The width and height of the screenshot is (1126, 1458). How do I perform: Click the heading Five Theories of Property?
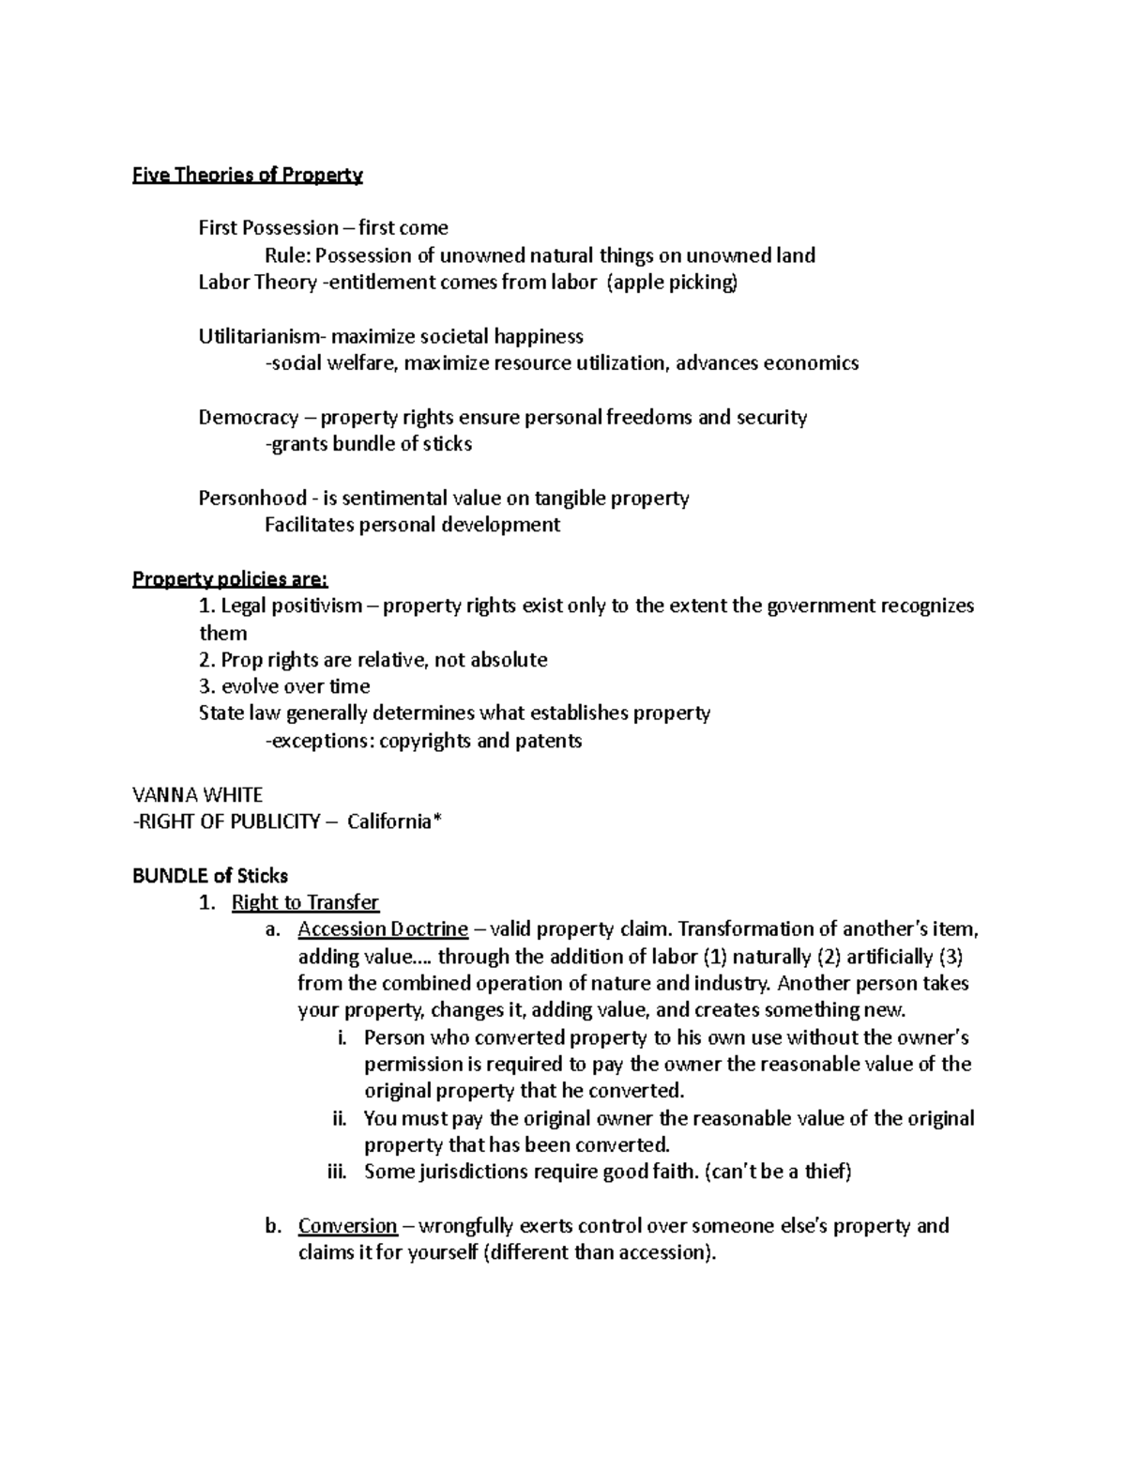point(247,175)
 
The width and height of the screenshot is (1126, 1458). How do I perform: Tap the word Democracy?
point(249,417)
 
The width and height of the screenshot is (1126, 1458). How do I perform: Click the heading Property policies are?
point(230,578)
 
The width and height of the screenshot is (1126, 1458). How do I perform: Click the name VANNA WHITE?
point(197,794)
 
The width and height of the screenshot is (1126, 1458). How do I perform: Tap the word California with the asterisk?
point(393,821)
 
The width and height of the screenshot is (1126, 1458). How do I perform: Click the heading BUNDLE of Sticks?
point(210,875)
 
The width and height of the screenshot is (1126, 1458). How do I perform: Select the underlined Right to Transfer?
point(305,902)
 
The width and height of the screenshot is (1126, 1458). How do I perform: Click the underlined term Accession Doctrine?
point(383,929)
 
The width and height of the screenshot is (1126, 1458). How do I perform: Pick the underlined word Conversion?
point(347,1226)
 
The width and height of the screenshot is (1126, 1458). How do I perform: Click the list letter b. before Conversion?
point(273,1226)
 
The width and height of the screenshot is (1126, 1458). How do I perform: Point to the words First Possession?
point(268,228)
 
